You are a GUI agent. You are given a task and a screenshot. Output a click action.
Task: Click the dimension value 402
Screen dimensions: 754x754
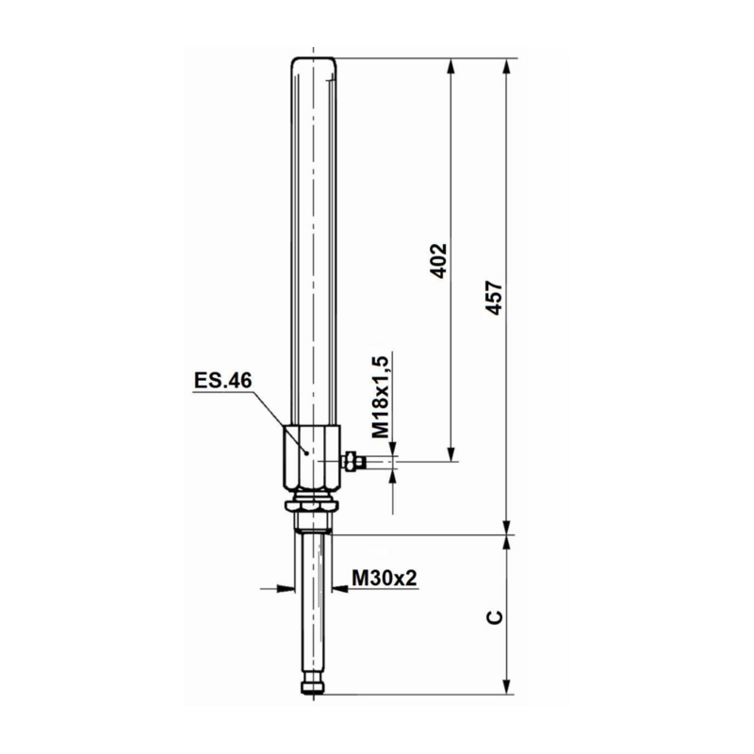pos(437,261)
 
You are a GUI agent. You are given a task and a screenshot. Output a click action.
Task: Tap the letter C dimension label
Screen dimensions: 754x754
pos(494,616)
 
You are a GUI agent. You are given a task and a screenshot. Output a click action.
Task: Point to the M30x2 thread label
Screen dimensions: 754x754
pos(385,578)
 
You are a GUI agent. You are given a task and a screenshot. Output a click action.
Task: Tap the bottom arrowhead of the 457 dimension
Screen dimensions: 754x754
pos(509,528)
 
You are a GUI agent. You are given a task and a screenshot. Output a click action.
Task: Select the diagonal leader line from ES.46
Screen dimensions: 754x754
pos(279,421)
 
